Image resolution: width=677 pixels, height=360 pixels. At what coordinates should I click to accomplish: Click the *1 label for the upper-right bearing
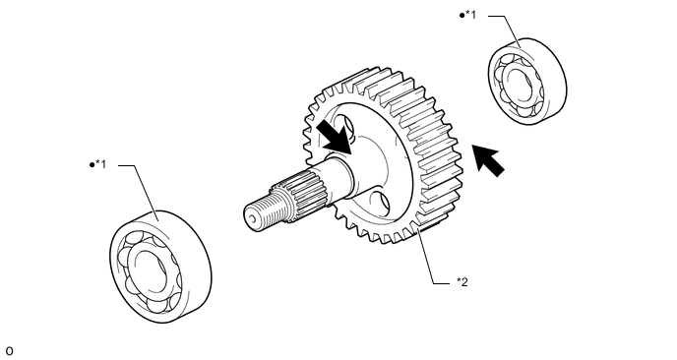(x=470, y=15)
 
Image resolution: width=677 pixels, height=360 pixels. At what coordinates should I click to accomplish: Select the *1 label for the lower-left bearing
(x=100, y=164)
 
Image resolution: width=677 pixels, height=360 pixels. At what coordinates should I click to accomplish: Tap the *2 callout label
(x=462, y=282)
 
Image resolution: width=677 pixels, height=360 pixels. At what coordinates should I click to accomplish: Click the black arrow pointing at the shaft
(x=335, y=137)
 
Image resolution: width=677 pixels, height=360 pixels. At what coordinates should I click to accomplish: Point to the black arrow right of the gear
(x=488, y=160)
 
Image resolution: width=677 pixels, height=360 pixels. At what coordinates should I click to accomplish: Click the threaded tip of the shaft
(x=264, y=211)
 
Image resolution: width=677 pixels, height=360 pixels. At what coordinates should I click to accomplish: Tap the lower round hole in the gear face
(x=380, y=203)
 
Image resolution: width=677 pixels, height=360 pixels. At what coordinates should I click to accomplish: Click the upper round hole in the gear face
(x=346, y=126)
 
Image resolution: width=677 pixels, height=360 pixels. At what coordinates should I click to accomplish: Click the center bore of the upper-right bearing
(x=520, y=84)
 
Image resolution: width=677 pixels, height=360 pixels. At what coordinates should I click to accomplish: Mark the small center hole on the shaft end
(x=252, y=218)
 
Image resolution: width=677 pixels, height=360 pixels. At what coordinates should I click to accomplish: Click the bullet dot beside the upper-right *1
(x=462, y=16)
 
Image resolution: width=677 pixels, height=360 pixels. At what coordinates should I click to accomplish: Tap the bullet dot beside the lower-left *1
(x=92, y=165)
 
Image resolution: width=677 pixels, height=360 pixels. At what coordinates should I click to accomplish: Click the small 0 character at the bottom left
(x=10, y=351)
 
